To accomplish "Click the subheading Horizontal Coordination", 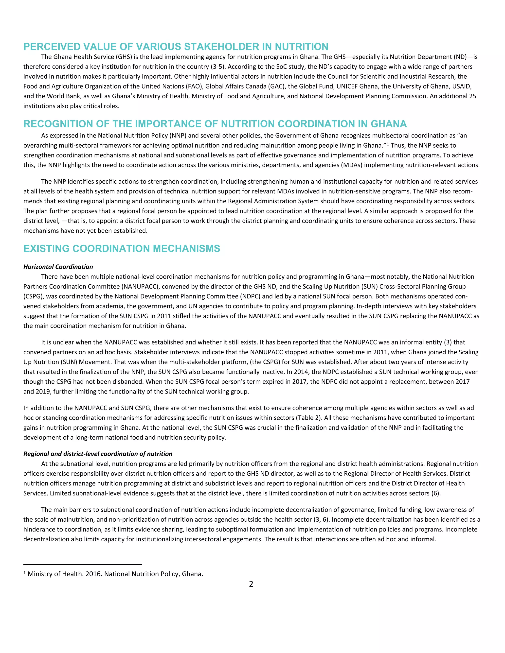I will pos(58,267).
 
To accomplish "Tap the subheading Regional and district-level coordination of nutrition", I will pos(98,454).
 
